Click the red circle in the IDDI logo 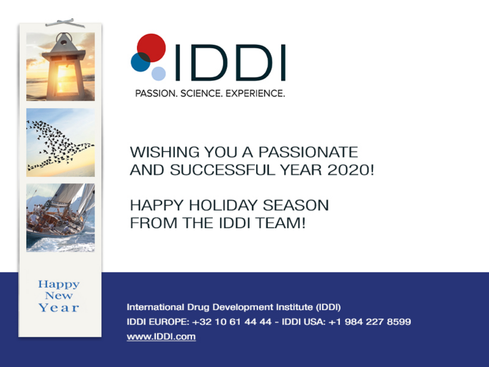151,48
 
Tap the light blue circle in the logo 159,73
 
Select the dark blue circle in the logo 141,62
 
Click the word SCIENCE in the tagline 201,93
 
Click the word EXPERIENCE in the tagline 255,93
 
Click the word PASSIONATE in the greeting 308,152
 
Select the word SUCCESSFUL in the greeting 222,170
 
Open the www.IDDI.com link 161,336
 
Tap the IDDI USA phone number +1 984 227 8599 369,322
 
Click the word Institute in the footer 294,307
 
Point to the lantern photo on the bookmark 60,67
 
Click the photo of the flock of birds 60,142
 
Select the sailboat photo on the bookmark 60,218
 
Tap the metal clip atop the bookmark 65,23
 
